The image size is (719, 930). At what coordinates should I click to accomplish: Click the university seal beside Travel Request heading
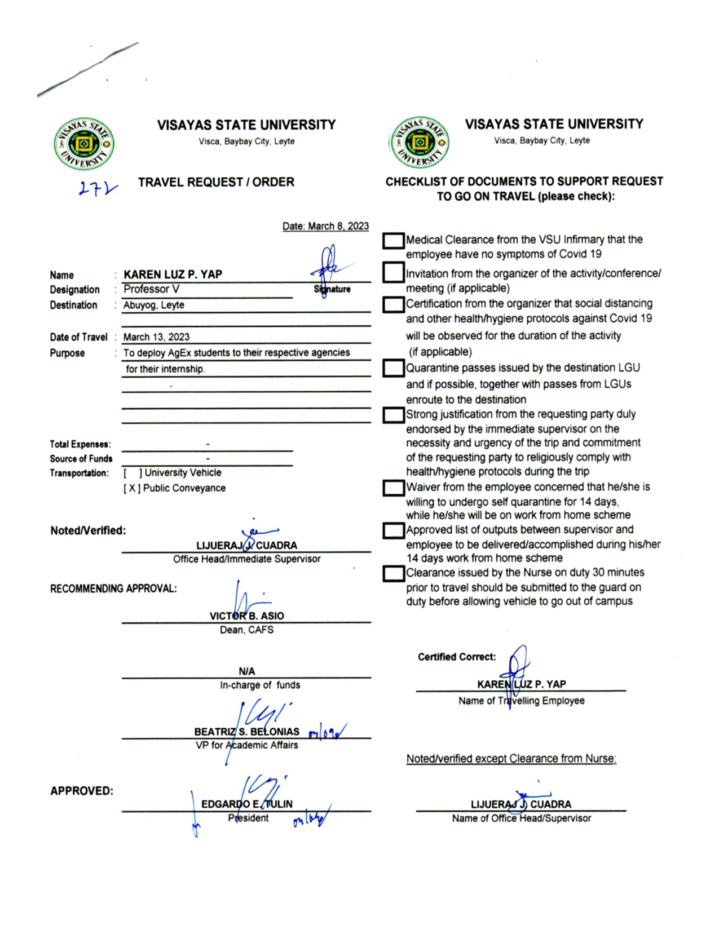pos(84,144)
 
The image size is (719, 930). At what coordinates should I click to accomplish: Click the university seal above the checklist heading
pos(420,143)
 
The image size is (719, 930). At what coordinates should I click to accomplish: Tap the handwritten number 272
pos(98,188)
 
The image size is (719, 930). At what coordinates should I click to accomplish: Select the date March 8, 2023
pos(325,226)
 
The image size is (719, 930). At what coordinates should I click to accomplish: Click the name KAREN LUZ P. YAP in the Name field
pos(173,274)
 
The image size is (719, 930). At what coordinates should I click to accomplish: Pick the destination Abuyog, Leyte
pos(153,305)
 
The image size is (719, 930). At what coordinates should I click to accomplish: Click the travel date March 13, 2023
pos(156,337)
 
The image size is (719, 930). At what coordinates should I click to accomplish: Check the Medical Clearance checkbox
pos(393,241)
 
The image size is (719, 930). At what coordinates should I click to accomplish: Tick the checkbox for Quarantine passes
pos(393,369)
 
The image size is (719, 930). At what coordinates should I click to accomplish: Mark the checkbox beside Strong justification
pos(393,415)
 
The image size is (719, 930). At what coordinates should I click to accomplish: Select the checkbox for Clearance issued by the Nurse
pos(393,574)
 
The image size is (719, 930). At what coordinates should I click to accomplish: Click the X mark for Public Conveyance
pos(131,488)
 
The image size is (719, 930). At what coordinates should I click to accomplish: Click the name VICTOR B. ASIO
pos(246,616)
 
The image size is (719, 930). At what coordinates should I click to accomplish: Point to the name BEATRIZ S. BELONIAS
pos(246,732)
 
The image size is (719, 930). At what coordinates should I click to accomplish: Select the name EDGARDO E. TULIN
pos(246,804)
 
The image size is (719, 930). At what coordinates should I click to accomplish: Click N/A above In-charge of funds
pos(246,671)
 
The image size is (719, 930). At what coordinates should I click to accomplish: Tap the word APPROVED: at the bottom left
pos(82,791)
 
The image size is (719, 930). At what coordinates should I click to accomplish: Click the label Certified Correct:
pos(457,657)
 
